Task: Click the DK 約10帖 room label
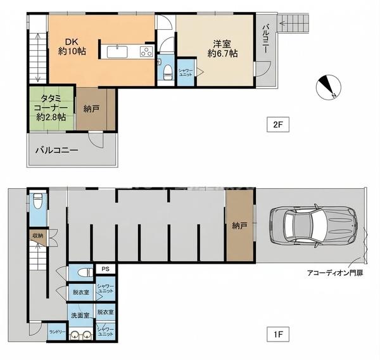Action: [72, 46]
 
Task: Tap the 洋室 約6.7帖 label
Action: [222, 49]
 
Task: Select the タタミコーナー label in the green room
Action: [51, 108]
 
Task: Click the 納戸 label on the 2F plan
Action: [91, 109]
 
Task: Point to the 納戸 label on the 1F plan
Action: [239, 226]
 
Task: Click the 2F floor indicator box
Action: [278, 125]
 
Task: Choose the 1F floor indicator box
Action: [278, 335]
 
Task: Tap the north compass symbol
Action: [329, 87]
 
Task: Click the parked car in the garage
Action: [313, 226]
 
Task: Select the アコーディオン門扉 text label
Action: [335, 273]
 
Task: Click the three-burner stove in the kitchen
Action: [147, 52]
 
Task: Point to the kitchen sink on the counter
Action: [117, 52]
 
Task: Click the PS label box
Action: [105, 269]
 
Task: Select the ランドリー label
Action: [57, 332]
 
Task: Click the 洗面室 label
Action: [80, 316]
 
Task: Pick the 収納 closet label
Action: [38, 235]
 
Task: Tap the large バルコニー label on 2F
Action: [57, 150]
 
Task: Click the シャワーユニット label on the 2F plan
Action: [186, 72]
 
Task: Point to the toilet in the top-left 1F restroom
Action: [37, 201]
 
